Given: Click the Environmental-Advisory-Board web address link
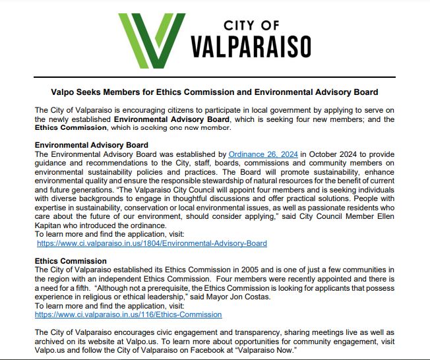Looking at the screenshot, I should point(152,243).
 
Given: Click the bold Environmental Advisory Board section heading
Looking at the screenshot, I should point(91,145).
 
